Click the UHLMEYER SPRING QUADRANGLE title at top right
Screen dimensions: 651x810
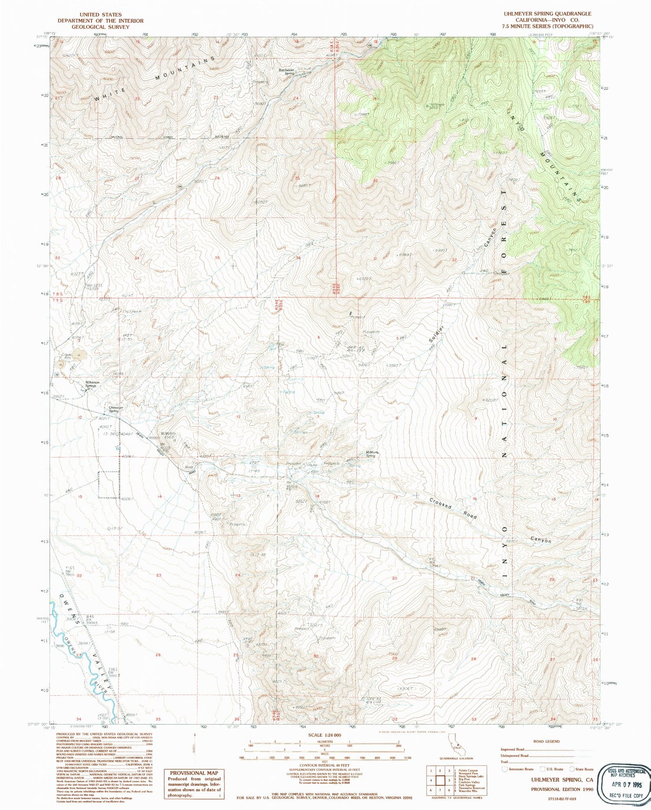[547, 14]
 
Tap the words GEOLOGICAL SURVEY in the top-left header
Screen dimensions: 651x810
[100, 27]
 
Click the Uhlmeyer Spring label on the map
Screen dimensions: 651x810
[116, 409]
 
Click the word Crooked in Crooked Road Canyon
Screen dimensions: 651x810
[441, 503]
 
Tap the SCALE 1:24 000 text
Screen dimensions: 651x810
[324, 735]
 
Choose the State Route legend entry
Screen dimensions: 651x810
[584, 769]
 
